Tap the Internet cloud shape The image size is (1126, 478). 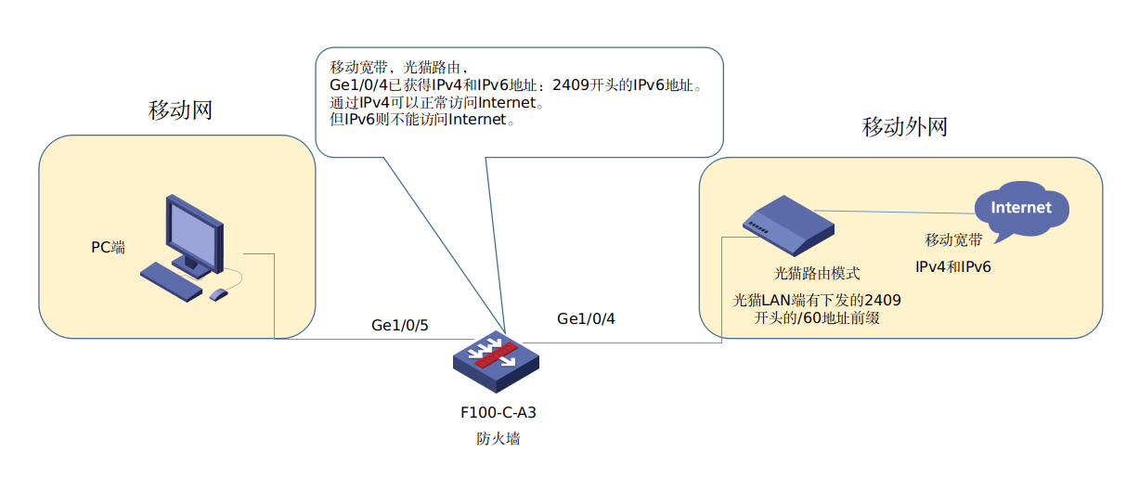point(1020,208)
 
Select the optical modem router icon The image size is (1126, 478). point(783,226)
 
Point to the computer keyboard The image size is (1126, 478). point(171,281)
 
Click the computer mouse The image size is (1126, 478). point(219,294)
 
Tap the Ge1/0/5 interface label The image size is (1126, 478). point(399,325)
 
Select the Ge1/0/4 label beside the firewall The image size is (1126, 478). point(586,318)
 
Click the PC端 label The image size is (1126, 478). point(108,247)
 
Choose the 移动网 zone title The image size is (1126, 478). point(180,110)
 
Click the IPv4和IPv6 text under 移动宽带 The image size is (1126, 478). point(953,266)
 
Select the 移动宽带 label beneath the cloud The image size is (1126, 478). point(953,240)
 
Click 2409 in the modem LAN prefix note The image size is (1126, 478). point(882,300)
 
